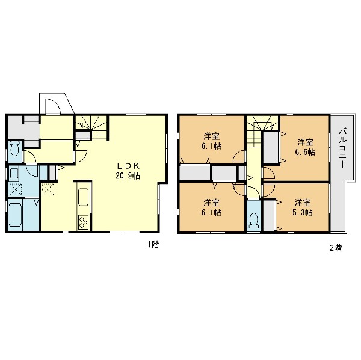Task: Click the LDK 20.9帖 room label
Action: click(128, 171)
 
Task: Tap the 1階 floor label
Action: click(153, 244)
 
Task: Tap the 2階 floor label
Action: click(336, 248)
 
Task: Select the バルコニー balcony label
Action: click(342, 148)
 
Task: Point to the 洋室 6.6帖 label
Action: click(306, 147)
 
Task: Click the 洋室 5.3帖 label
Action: click(303, 207)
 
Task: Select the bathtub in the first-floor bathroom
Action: click(15, 214)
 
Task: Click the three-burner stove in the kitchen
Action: click(83, 222)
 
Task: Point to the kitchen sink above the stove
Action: click(83, 197)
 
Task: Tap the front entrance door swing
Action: click(53, 106)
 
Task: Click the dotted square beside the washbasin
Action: click(16, 189)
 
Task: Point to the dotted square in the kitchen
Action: click(48, 189)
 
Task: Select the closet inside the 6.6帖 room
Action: click(271, 148)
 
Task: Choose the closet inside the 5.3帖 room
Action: click(268, 216)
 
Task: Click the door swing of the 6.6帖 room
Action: click(270, 174)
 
